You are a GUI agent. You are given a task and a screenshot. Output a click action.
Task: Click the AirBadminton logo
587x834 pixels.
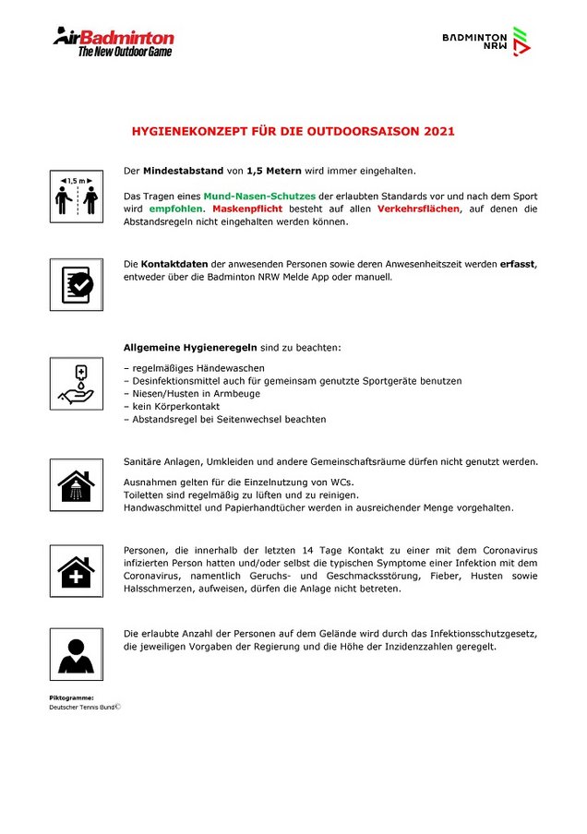pos(113,41)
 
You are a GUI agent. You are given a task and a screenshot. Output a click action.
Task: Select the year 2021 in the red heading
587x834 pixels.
pos(439,132)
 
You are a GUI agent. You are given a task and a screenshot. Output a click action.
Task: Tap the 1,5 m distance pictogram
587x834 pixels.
pos(76,196)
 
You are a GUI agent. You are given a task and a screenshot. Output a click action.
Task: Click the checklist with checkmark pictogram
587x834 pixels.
pos(76,284)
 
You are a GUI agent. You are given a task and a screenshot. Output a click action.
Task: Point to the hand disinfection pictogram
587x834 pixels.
pos(76,384)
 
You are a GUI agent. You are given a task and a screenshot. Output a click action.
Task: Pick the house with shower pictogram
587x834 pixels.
pos(76,484)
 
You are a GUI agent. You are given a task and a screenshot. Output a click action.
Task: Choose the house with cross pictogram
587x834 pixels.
pos(76,570)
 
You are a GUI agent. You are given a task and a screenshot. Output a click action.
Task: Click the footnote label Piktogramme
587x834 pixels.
pos(71,697)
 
